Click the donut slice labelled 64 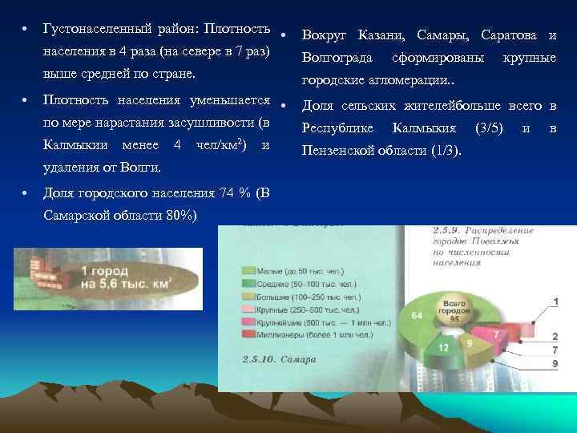[418, 317]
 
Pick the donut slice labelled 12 [443, 347]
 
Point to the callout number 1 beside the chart [555, 301]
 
